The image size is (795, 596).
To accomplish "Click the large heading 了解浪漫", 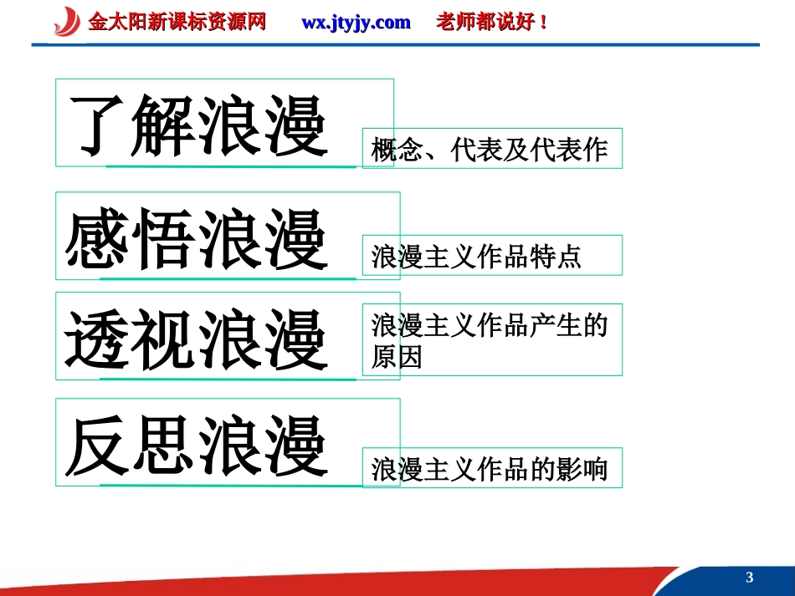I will tap(197, 125).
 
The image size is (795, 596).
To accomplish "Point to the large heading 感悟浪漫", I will tap(197, 238).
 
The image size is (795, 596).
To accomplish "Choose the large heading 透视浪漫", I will tap(197, 339).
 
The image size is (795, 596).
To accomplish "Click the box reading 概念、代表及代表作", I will tap(491, 150).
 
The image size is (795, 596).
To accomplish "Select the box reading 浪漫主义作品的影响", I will tap(491, 469).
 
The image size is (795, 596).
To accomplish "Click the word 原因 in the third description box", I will tap(397, 358).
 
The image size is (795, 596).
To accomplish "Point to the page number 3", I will tap(749, 578).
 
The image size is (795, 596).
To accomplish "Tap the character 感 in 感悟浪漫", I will tap(98, 238).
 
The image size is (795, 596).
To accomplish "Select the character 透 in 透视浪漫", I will tap(98, 339).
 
